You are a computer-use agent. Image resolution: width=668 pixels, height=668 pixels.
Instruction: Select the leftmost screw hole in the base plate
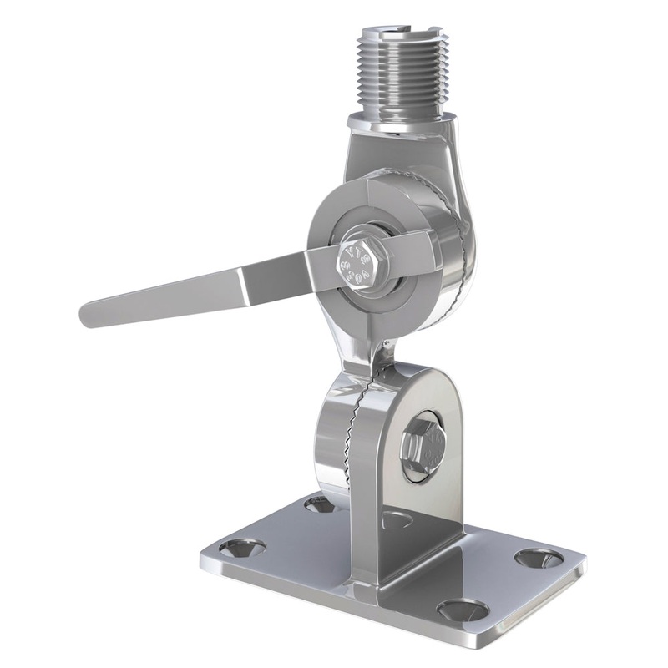(242, 549)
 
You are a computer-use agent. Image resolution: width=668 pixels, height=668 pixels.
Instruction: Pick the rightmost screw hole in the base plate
(536, 557)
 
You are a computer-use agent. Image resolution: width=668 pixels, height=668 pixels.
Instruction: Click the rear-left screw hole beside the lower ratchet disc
(319, 504)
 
